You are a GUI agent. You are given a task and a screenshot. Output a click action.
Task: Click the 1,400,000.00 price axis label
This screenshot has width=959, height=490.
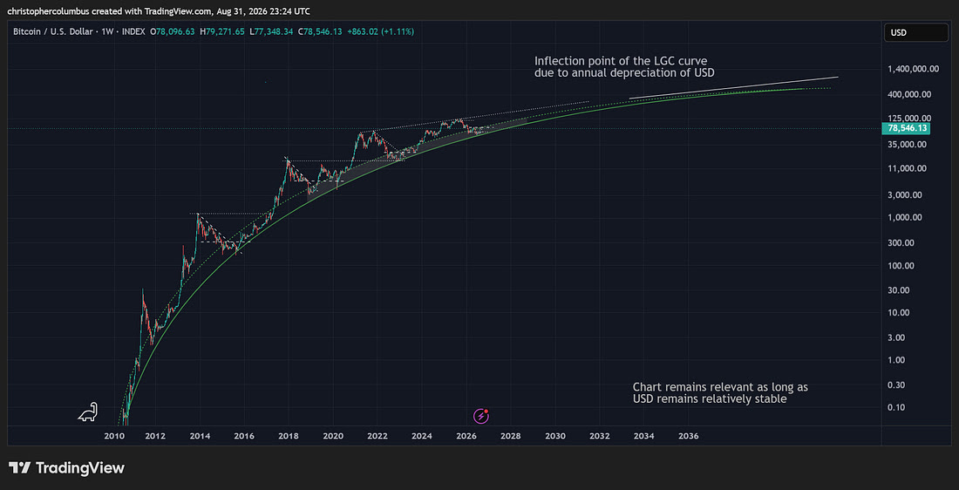913,69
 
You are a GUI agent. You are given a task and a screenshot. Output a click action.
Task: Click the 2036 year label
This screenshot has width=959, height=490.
689,436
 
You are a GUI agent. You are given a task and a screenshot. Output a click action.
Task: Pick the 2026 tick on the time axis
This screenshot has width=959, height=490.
466,436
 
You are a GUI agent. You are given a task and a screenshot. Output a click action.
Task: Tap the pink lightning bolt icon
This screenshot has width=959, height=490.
481,416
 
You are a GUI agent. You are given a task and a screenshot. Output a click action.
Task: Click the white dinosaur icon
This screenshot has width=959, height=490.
87,412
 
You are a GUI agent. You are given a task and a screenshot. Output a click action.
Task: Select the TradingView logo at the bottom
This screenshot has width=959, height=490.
66,468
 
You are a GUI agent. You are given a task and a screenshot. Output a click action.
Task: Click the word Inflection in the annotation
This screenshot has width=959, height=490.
557,60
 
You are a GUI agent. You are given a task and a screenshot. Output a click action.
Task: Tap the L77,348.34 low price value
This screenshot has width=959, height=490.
273,31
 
